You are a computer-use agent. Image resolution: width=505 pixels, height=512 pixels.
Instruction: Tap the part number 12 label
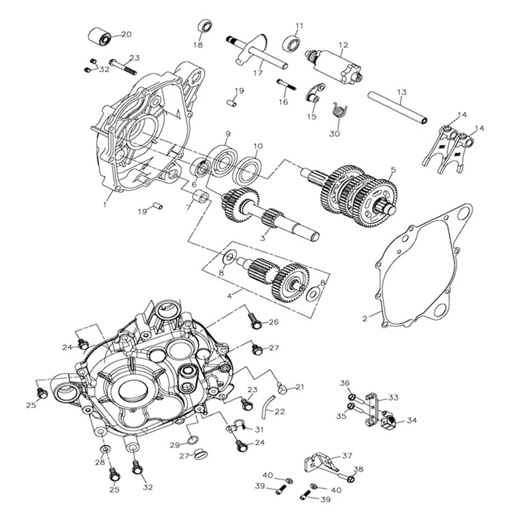pyautogui.click(x=343, y=44)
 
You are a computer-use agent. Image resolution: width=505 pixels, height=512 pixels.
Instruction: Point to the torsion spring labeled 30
pyautogui.click(x=337, y=111)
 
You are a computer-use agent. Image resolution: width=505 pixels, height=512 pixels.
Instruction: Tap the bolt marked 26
pyautogui.click(x=254, y=322)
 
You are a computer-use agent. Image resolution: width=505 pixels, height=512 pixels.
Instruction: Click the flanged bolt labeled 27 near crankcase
pyautogui.click(x=257, y=350)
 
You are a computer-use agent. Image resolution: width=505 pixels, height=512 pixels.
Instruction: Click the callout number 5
pyautogui.click(x=393, y=169)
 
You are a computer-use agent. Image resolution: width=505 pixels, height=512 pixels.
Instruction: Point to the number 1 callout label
pyautogui.click(x=105, y=204)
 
